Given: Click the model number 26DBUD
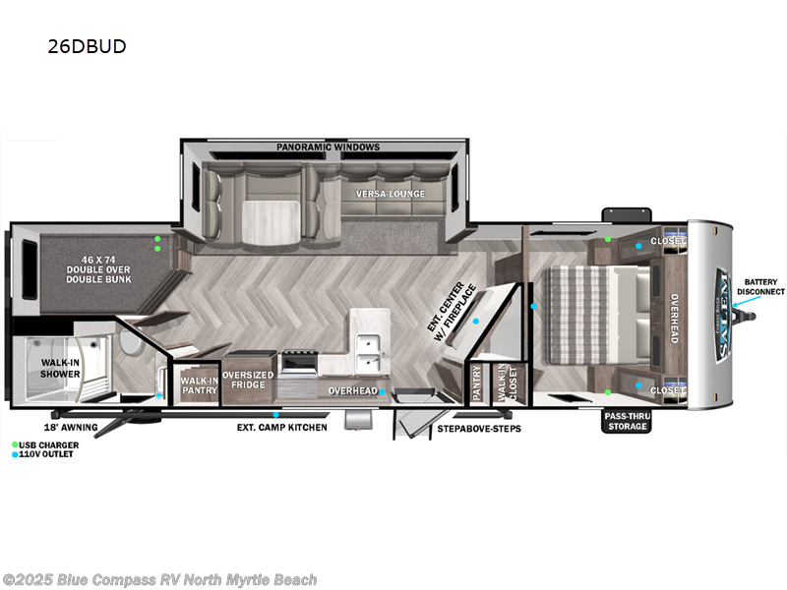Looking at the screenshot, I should click(87, 46).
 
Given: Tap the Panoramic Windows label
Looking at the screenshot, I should click(328, 147).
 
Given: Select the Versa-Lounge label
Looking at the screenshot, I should click(391, 194).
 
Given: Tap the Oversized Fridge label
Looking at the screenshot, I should click(248, 381).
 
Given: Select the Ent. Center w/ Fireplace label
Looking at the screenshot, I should click(455, 313).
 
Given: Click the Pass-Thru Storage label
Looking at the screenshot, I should click(626, 421).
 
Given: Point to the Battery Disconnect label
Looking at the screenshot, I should click(763, 286).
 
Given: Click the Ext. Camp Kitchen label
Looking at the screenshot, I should click(281, 428).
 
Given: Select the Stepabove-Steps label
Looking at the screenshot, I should click(478, 429).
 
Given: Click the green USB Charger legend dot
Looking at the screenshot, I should click(15, 444).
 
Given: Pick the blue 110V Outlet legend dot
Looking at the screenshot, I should click(15, 454).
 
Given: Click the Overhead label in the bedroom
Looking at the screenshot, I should click(675, 320).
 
